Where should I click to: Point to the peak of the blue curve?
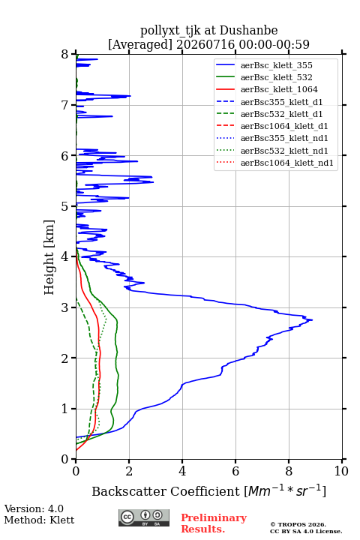point(312,320)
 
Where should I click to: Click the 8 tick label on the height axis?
point(65,54)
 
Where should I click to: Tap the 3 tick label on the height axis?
point(65,307)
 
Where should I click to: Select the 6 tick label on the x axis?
point(235,471)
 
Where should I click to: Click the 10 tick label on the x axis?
point(341,471)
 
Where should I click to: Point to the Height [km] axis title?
point(49,257)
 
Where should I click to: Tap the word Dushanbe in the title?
point(248,31)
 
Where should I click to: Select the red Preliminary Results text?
point(214,523)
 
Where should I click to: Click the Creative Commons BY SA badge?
point(144,517)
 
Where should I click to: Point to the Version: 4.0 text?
point(34,508)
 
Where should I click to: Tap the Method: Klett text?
point(39,520)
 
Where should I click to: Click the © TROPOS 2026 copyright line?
point(298,524)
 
